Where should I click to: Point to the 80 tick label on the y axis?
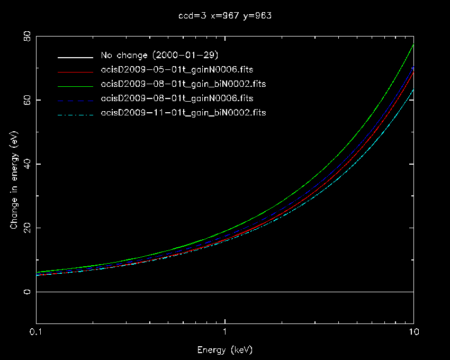[x=27, y=37]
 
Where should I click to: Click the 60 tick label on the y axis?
[x=27, y=100]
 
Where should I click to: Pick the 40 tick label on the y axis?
[x=27, y=164]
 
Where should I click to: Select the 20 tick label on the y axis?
[x=27, y=228]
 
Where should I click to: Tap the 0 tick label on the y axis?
[x=27, y=292]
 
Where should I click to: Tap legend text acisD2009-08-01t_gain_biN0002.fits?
[x=183, y=84]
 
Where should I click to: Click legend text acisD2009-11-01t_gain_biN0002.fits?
[x=183, y=113]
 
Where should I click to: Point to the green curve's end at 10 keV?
[x=413, y=45]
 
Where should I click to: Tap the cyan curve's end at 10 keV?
[x=413, y=89]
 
